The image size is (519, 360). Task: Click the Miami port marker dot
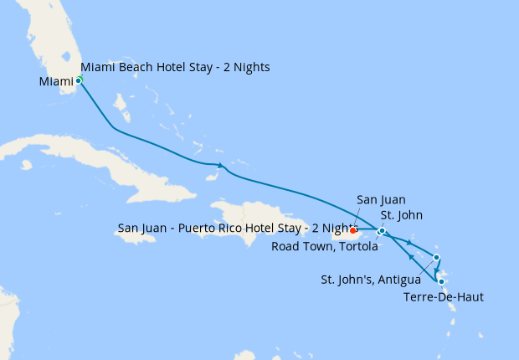point(79,80)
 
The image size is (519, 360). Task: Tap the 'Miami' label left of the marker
point(56,81)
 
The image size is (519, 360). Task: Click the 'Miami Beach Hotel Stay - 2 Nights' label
point(175,67)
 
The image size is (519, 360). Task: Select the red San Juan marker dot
point(353,229)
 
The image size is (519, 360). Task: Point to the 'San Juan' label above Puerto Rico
point(381,200)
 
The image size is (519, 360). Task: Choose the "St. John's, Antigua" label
point(371,279)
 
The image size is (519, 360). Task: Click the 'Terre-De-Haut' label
point(443,297)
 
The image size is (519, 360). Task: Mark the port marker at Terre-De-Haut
point(441,282)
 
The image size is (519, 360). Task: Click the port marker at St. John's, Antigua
point(436,257)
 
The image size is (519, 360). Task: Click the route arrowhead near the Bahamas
point(220,165)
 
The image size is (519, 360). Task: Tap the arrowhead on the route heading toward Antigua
point(409,244)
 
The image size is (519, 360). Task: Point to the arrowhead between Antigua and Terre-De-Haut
point(437,270)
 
